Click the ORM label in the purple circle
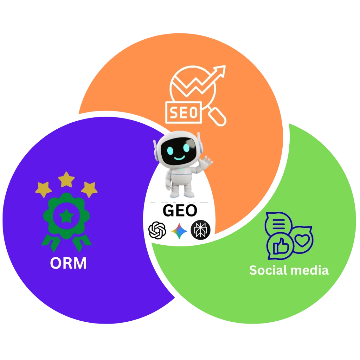68,263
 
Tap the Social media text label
289,270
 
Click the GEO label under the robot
180,211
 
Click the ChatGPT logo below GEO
157,231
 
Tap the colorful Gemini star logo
179,231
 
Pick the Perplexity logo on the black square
201,231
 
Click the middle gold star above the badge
66,179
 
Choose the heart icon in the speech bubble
301,240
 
